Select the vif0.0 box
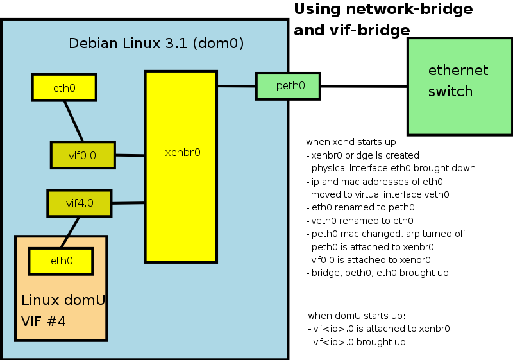[x=83, y=155]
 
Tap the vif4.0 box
[x=80, y=203]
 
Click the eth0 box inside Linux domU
[x=62, y=261]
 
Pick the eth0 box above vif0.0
[x=64, y=87]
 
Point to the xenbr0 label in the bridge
[x=182, y=153]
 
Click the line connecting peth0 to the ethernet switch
[x=364, y=87]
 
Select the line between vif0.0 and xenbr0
[x=130, y=155]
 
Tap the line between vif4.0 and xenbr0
[x=128, y=203]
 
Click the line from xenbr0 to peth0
[x=237, y=86]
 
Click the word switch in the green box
[x=450, y=91]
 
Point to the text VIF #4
[x=44, y=321]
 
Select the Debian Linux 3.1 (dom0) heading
[x=156, y=44]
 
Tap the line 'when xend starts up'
[x=351, y=142]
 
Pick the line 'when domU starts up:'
[x=357, y=316]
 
